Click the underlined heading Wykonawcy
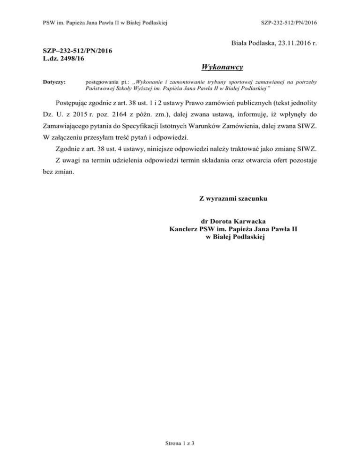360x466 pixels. tap(221, 68)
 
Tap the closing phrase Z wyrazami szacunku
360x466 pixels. tap(233, 199)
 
